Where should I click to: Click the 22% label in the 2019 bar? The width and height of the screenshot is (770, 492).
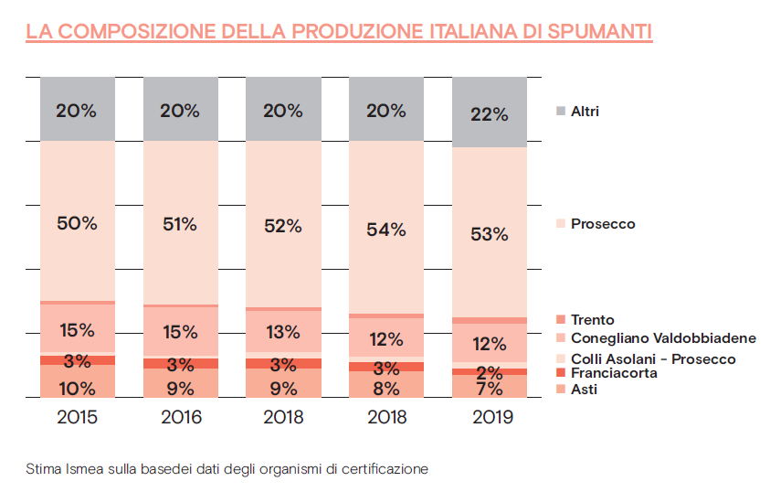490,115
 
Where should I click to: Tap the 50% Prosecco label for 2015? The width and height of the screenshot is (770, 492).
77,223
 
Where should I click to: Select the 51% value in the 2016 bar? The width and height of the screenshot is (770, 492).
180,223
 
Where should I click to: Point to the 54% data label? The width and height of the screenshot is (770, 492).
386,230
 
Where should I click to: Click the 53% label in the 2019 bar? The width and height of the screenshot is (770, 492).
490,234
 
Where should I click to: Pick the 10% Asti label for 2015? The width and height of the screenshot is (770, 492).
77,388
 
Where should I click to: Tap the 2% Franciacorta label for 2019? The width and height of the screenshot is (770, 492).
490,372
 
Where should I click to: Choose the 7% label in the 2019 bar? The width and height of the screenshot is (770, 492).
490,388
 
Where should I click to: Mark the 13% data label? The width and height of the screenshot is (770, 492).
283,331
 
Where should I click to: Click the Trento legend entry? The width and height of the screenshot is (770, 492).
592,320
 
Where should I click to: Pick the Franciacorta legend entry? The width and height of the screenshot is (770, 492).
613,373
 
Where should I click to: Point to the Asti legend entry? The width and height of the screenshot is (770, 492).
585,390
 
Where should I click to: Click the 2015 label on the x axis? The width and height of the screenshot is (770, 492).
77,418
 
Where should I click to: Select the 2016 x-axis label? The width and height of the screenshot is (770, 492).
180,418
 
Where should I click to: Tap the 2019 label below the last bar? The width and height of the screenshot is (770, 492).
490,418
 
